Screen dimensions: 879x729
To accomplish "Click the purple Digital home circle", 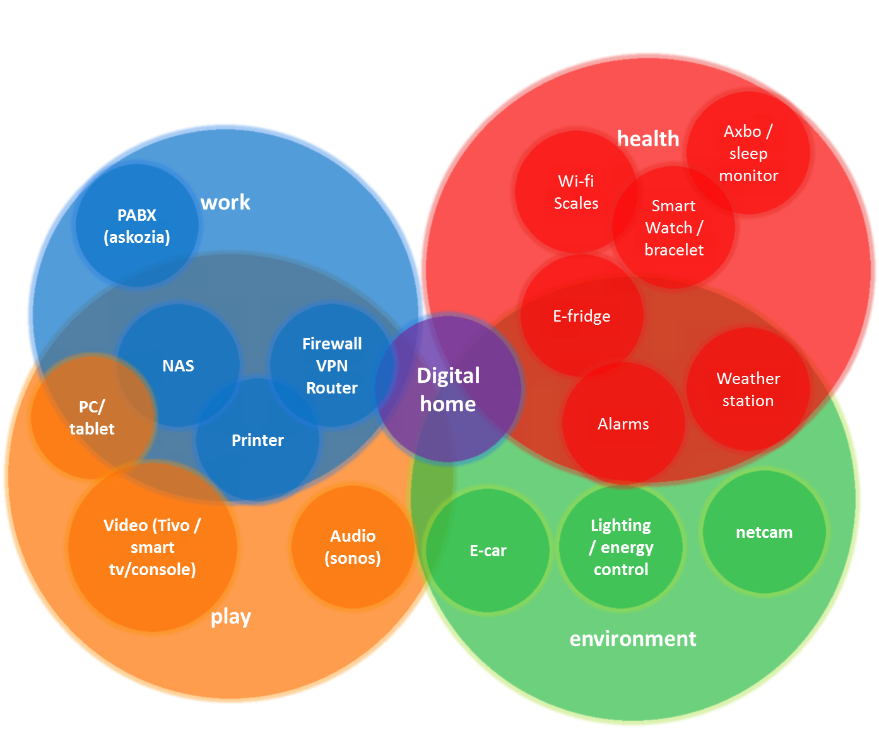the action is coord(449,389).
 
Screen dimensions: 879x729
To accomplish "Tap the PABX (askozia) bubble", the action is coord(137,226).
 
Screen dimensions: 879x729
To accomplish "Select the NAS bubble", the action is coord(178,366).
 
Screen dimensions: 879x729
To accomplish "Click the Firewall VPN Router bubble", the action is coord(332,366).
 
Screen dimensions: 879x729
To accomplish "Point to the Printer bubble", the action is coord(257,440).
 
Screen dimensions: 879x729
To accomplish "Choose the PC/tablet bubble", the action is coord(92,417).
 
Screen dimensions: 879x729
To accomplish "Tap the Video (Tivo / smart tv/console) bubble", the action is coord(152,547).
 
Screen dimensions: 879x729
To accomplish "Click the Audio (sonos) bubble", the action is coord(353,547).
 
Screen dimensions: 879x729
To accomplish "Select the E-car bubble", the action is coord(488,551).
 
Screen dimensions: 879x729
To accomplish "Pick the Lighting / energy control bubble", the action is coord(621,547).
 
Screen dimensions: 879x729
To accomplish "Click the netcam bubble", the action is coord(764,532).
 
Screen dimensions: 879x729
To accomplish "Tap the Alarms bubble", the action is coord(623,424).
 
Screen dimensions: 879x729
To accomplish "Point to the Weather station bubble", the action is coord(748,389).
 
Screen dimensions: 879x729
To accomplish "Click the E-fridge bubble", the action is coord(581,316).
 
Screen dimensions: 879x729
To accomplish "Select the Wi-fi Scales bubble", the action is coord(575,192).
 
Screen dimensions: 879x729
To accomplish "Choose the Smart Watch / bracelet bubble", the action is coord(674,228).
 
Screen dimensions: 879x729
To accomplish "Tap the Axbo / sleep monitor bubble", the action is coord(748,153).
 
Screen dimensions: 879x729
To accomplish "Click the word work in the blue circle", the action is coord(225,202).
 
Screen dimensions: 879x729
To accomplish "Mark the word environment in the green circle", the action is coord(633,639).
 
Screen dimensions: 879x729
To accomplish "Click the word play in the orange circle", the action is coord(231,617).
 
